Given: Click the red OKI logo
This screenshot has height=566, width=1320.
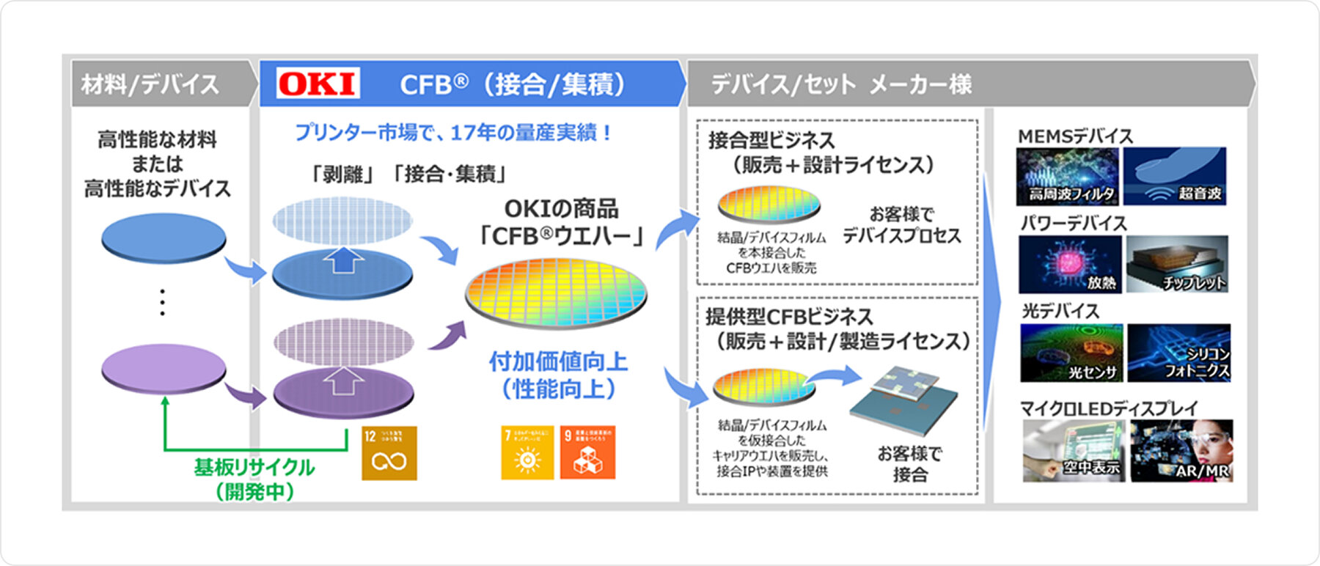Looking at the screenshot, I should click(x=318, y=84).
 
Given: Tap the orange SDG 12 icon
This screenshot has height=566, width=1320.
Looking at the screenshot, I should click(x=389, y=453).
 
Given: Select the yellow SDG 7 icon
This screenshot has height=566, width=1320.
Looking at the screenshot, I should click(x=527, y=453).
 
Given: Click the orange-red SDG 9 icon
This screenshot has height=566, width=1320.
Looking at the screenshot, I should click(x=587, y=453).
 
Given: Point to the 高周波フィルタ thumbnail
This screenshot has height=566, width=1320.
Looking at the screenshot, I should click(x=1068, y=176).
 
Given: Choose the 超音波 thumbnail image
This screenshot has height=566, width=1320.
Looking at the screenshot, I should click(x=1175, y=176).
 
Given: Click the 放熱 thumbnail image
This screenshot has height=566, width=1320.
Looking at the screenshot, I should click(x=1070, y=264).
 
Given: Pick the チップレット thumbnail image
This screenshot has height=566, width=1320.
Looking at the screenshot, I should click(x=1177, y=264).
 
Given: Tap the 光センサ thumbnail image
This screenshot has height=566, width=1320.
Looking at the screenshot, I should click(x=1071, y=353).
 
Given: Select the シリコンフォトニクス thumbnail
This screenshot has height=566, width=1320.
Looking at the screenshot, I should click(x=1178, y=353).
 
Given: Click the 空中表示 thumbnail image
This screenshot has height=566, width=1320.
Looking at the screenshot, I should click(x=1074, y=450).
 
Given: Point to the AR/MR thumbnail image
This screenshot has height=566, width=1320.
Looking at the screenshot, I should click(x=1181, y=450).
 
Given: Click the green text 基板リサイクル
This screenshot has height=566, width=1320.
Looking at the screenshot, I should click(x=254, y=467).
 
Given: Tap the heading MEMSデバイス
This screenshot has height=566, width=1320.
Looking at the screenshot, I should click(x=1075, y=136).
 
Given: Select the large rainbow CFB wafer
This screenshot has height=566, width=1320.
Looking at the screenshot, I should click(x=557, y=292).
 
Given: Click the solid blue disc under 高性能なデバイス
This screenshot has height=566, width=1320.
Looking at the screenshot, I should click(x=164, y=238).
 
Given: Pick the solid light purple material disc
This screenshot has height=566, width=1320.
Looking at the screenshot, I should click(x=164, y=367).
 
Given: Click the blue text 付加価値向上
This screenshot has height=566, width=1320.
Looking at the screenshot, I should click(x=558, y=361).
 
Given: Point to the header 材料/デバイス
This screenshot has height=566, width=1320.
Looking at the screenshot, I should click(x=150, y=84).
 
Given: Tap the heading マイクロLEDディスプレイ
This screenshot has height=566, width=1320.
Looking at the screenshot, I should click(x=1109, y=408).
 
